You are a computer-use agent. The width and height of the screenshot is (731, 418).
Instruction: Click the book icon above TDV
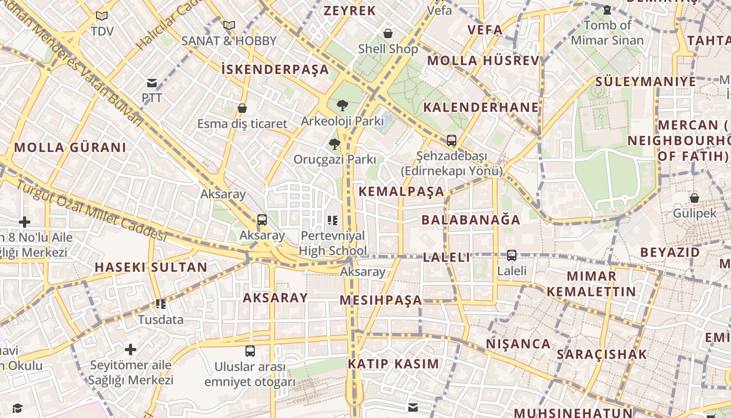[102, 16]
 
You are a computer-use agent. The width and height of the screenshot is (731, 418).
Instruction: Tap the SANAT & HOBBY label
[229, 41]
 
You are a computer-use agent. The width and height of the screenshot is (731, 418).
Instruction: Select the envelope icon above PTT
[152, 83]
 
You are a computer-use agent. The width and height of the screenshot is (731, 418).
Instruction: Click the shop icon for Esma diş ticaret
[242, 108]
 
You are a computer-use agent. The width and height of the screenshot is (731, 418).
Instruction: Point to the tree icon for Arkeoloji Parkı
[343, 106]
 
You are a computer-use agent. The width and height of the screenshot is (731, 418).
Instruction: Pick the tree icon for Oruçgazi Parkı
[335, 144]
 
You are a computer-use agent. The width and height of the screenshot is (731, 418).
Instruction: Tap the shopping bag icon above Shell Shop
[388, 33]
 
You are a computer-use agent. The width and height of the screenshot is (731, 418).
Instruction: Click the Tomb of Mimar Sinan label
[607, 32]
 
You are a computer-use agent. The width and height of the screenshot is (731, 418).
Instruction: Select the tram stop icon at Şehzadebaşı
[452, 141]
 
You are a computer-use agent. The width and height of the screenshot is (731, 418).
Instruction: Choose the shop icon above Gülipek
[694, 198]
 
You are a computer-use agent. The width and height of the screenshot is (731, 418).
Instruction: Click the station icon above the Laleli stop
[512, 256]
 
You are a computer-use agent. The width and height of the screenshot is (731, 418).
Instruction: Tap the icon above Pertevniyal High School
[333, 220]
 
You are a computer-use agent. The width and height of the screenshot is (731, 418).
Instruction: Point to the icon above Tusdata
[161, 304]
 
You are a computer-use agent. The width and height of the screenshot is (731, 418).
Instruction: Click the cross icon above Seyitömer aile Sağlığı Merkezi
[131, 349]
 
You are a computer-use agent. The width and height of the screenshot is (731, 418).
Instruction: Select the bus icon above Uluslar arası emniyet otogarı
[250, 351]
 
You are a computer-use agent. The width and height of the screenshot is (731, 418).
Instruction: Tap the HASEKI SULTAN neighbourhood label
[151, 267]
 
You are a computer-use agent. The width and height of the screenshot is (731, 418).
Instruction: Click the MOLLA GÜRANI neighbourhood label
[70, 147]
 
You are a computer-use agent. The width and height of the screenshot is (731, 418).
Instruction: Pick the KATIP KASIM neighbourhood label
[394, 364]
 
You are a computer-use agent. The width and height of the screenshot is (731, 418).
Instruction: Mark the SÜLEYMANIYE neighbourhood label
[646, 82]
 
